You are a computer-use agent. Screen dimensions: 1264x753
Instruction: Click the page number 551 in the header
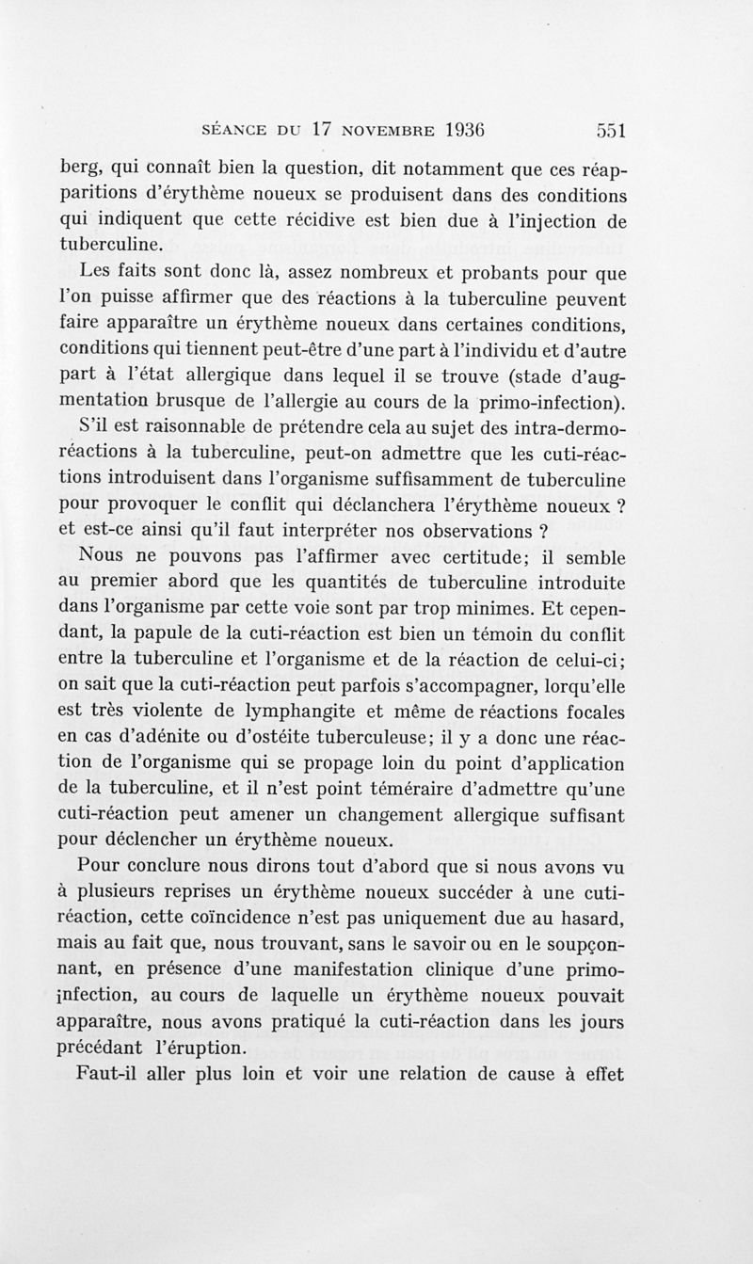coord(611,130)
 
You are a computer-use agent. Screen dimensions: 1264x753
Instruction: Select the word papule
coord(191,634)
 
